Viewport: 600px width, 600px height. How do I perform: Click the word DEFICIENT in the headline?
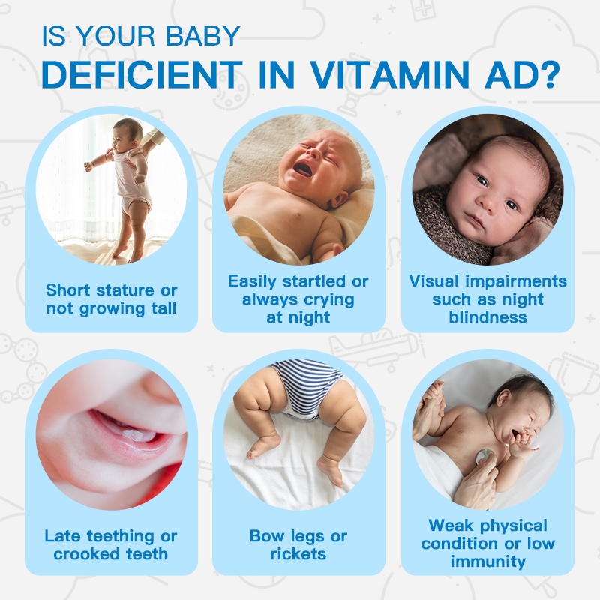142,74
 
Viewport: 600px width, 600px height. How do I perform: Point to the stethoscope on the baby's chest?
484,455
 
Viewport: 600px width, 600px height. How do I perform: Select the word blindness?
488,316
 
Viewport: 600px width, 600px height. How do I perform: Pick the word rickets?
298,553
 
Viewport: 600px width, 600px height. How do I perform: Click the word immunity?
488,561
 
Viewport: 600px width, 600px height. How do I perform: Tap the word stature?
124,290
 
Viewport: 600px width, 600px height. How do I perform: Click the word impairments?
516,282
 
